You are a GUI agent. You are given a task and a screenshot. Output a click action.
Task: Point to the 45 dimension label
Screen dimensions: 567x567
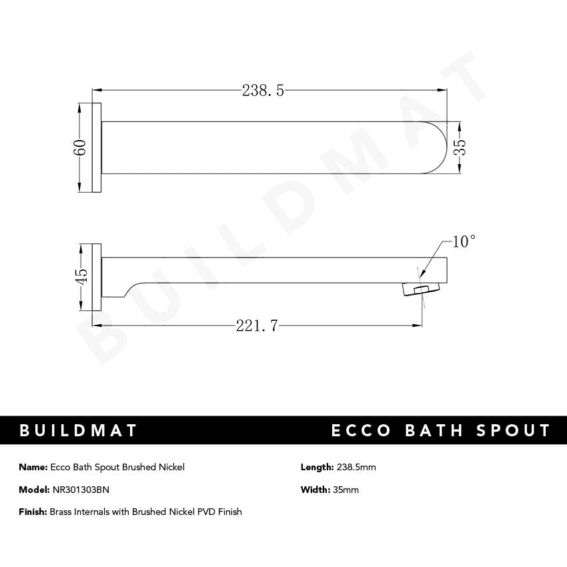tap(81, 275)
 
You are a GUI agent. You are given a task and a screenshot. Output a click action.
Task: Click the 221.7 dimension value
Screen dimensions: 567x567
tap(257, 326)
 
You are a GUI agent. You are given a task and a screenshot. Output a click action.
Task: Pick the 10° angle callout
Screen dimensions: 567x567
tap(464, 241)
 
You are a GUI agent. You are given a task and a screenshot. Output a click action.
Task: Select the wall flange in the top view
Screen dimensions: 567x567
tap(97, 147)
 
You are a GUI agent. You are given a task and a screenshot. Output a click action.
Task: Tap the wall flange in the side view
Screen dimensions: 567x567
tap(97, 276)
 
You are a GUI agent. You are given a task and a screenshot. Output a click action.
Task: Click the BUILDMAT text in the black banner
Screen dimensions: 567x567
tap(78, 430)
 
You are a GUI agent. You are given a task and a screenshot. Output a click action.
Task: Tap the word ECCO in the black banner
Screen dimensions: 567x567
tap(361, 430)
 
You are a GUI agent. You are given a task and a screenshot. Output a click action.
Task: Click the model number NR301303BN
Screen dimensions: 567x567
tap(80, 490)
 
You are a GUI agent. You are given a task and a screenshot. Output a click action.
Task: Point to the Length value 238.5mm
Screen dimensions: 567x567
tap(356, 467)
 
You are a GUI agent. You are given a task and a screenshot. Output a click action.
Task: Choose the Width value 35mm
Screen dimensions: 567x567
tap(346, 490)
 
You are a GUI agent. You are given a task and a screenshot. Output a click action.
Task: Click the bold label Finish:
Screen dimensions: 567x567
tap(33, 512)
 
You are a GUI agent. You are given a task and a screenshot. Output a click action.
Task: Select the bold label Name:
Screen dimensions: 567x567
tap(33, 467)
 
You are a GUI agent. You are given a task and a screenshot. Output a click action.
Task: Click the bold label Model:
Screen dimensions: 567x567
tap(34, 490)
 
